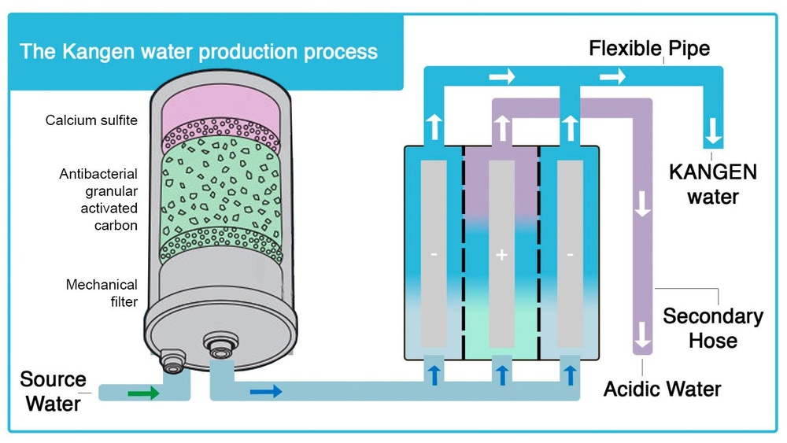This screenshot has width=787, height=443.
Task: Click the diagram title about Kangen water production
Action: pyautogui.click(x=198, y=53)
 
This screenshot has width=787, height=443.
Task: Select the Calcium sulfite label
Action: pyautogui.click(x=91, y=120)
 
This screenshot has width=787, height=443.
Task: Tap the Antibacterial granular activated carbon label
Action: pyautogui.click(x=98, y=200)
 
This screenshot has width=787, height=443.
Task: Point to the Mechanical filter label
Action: pyautogui.click(x=102, y=293)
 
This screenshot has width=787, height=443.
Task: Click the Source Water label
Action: pyautogui.click(x=53, y=391)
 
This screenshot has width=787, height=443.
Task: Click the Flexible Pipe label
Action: pyautogui.click(x=649, y=49)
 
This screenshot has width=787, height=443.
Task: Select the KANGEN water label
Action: pyautogui.click(x=713, y=183)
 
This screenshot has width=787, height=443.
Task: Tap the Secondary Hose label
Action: pyautogui.click(x=713, y=328)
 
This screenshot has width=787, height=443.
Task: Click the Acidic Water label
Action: pyautogui.click(x=662, y=388)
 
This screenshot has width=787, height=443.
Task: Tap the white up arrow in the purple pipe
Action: pyautogui.click(x=502, y=126)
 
